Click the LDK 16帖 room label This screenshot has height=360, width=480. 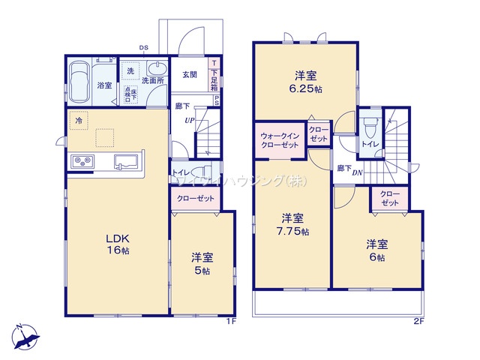click(x=116, y=244)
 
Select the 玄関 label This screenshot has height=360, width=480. click(x=190, y=74)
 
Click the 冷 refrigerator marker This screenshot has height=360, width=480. click(x=78, y=119)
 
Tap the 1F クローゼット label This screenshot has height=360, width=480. click(x=196, y=199)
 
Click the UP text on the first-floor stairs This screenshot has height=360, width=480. click(x=190, y=119)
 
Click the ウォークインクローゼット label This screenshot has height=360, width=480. click(x=280, y=140)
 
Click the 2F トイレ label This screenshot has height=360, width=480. click(x=368, y=142)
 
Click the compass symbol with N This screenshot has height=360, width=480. click(x=27, y=335)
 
